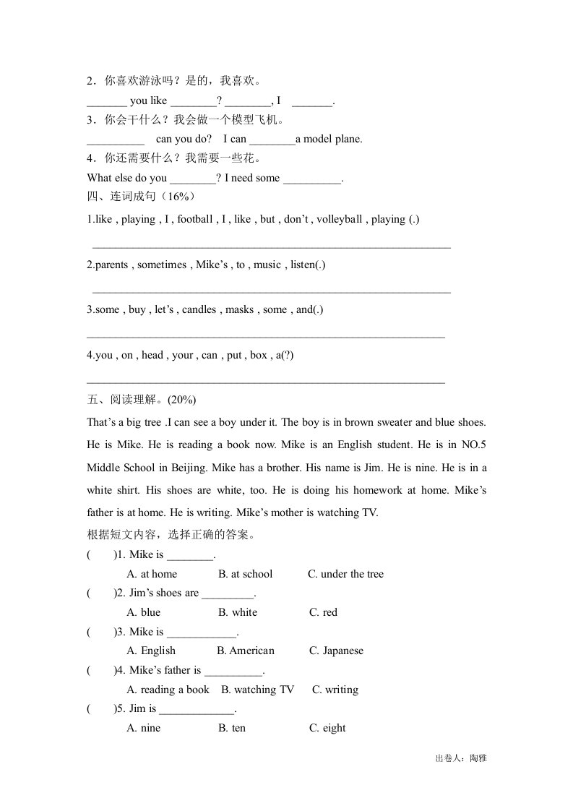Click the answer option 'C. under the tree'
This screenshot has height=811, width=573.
[x=345, y=574]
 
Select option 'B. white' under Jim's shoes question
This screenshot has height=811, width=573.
[x=237, y=612]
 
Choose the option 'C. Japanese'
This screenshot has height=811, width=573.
[x=336, y=651]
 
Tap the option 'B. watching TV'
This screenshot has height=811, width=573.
[x=257, y=690]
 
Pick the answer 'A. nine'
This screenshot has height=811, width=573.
[x=143, y=728]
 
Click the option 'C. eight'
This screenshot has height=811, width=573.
[x=327, y=728]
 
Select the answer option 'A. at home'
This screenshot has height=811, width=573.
[x=151, y=574]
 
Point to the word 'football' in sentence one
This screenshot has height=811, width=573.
[x=195, y=219]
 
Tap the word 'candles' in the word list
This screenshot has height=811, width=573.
[x=199, y=309]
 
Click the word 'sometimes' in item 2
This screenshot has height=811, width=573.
[x=162, y=265]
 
